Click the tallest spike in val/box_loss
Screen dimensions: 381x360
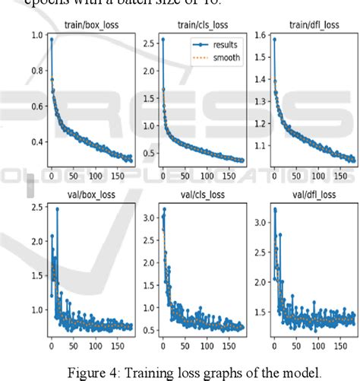tap(58, 208)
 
